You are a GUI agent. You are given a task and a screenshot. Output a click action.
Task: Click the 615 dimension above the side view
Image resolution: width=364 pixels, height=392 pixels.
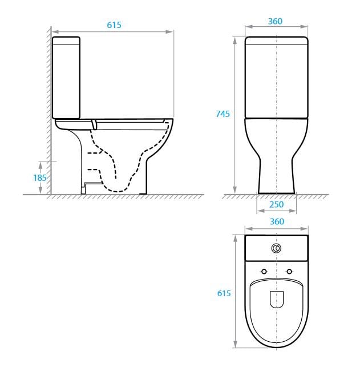point(114,25)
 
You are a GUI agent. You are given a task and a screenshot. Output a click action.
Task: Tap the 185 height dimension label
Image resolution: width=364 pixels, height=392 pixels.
point(39,177)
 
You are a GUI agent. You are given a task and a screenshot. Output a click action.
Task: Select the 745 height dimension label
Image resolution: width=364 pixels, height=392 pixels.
point(223,114)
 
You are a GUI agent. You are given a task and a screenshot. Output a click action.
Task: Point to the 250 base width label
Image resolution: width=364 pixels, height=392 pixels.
point(276,205)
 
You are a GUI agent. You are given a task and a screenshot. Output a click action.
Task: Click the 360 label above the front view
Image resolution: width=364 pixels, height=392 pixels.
point(276,22)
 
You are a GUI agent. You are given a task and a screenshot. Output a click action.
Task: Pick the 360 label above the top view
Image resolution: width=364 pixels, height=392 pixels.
point(276,221)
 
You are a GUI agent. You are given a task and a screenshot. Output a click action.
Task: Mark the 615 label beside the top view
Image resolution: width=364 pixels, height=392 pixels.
point(224,293)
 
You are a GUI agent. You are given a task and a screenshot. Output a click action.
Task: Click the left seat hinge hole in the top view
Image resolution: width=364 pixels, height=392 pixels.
point(264,270)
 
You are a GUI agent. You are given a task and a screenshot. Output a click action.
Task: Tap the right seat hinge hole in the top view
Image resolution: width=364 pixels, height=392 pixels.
point(289,270)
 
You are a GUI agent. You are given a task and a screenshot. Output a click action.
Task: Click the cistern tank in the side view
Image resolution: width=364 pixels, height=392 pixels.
point(66,77)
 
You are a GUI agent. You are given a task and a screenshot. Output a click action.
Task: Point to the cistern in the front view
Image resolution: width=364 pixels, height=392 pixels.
point(277,77)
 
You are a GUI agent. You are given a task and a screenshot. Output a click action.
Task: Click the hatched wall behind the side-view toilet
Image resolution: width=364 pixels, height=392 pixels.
point(48,114)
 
